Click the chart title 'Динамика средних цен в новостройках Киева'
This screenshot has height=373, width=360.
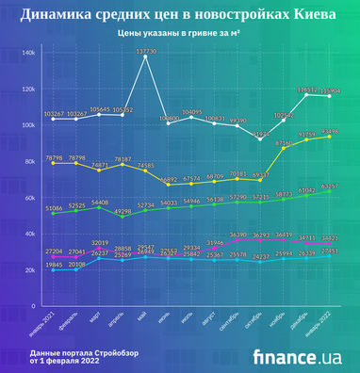point(180,15)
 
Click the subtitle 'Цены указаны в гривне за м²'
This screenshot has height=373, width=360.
point(179,34)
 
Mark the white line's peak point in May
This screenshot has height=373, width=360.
point(145,57)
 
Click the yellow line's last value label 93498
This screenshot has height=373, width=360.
point(330,131)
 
